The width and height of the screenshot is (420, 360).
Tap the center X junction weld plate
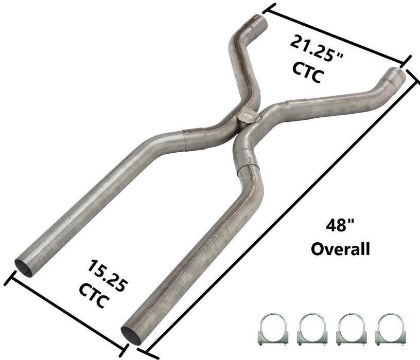pos(247,116)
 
